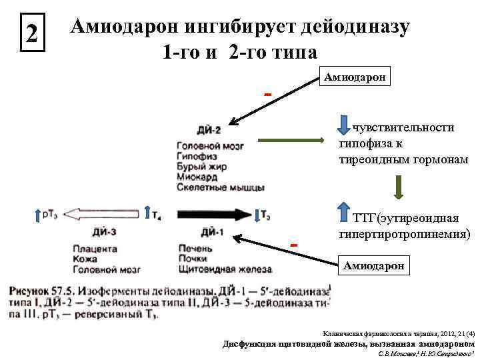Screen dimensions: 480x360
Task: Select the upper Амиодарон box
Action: click(x=357, y=77)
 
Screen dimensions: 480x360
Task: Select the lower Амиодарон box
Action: click(x=374, y=266)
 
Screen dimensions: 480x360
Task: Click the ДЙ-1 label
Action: click(x=213, y=232)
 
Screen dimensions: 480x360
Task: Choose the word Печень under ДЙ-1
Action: click(x=195, y=249)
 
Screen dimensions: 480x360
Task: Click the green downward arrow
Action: click(x=398, y=187)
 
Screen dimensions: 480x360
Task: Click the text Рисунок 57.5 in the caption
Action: click(x=42, y=291)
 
